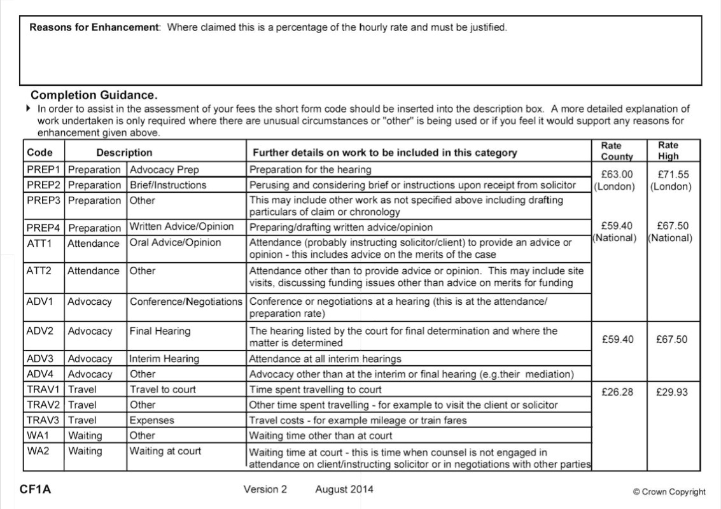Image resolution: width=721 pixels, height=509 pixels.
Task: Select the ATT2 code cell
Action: (x=39, y=270)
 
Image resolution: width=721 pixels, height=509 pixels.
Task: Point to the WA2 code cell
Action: (x=39, y=451)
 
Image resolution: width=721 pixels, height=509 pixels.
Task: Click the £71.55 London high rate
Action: (x=671, y=174)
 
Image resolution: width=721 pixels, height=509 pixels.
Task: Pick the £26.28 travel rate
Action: (x=617, y=392)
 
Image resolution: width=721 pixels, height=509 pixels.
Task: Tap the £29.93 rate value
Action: (x=671, y=392)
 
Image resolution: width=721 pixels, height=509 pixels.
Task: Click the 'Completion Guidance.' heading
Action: (x=94, y=95)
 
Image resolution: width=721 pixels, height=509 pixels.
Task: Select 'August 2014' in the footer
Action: (x=344, y=489)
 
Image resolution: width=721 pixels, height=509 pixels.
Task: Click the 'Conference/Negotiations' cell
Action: (x=186, y=301)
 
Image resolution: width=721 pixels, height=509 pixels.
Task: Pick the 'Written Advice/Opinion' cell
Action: (x=181, y=227)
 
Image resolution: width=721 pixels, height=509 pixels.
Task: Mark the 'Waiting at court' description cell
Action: (x=165, y=451)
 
